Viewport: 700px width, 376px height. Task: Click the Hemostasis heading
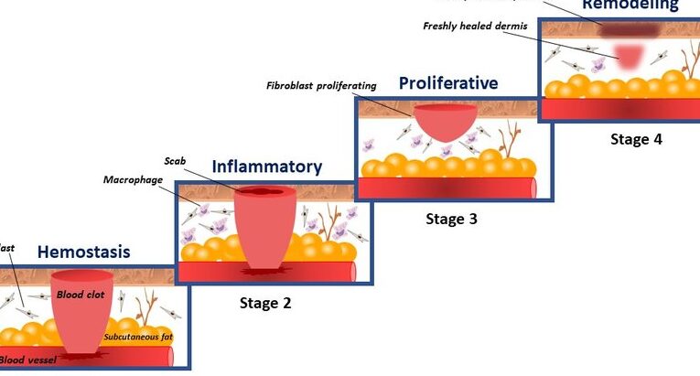point(83,252)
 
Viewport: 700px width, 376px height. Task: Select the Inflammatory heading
point(267,167)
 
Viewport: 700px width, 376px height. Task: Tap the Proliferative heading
point(448,83)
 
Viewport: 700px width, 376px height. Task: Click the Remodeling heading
point(630,5)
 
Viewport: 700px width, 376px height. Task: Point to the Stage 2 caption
point(265,303)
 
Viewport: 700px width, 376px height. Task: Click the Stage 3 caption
point(451,219)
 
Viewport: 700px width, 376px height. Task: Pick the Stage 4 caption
point(636,139)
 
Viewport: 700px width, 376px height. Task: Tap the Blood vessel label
point(27,360)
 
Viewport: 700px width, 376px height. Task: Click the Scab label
point(175,160)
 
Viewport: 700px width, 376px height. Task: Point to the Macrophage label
point(133,179)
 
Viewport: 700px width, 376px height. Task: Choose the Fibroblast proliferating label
point(321,86)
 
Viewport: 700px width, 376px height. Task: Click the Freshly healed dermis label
point(475,26)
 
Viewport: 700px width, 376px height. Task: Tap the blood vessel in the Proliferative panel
point(448,188)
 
